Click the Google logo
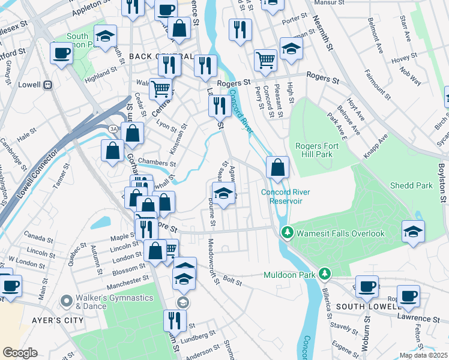(20, 353)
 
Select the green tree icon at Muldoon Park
(325, 274)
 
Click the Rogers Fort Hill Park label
(322, 150)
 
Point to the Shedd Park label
(411, 185)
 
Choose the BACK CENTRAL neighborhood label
(161, 56)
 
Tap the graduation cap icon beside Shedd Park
(414, 232)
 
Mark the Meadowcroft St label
(210, 257)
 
